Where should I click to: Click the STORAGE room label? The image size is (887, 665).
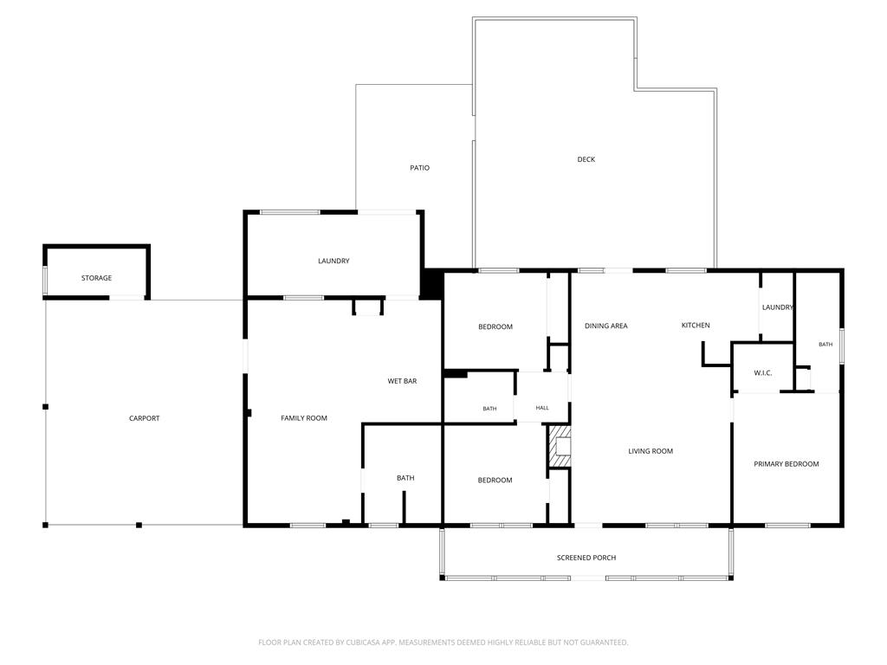click(96, 278)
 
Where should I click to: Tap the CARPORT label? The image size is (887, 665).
click(145, 418)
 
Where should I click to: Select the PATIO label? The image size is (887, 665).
click(420, 168)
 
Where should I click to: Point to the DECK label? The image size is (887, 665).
click(586, 159)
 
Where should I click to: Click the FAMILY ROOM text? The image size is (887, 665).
click(304, 418)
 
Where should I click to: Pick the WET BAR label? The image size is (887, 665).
click(402, 381)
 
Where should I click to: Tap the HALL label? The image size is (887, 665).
click(542, 408)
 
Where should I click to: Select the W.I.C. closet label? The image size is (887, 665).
click(762, 373)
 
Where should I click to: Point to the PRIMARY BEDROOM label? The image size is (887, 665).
click(787, 464)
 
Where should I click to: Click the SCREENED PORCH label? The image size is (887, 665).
click(586, 558)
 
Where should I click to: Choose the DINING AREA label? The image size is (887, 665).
click(605, 326)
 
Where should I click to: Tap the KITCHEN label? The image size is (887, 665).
click(696, 326)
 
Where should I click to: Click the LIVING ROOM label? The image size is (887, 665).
click(651, 451)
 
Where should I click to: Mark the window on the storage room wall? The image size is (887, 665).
click(45, 281)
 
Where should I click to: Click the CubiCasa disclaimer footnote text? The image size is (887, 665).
click(443, 642)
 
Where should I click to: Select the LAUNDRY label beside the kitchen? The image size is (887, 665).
click(777, 307)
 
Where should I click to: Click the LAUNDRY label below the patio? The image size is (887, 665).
click(333, 261)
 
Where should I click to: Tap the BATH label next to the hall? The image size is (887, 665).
click(490, 409)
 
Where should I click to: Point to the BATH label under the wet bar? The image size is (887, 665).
click(405, 478)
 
